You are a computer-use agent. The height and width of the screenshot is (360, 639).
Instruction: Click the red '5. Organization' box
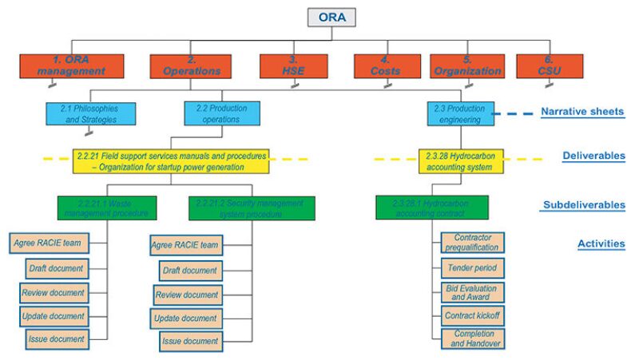pos(466,66)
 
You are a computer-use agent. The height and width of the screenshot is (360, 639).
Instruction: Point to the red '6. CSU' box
pos(549,66)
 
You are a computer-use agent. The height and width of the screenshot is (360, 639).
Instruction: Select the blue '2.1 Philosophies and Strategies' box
pos(90,113)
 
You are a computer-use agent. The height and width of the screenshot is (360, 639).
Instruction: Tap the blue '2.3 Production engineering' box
pos(454,113)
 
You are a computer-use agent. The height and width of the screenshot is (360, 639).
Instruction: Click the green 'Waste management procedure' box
pos(106,208)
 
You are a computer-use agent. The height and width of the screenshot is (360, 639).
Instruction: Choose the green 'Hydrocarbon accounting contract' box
pos(432,208)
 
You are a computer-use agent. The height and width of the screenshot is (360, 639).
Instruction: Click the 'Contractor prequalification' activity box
pos(473,243)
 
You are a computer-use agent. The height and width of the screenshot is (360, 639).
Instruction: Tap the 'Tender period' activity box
pos(473,267)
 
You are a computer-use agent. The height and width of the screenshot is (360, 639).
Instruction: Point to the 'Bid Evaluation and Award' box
pos(473,291)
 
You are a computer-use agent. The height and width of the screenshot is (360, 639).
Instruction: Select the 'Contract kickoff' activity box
pos(473,315)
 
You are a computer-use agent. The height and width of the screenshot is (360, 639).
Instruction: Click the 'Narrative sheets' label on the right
pos(581,111)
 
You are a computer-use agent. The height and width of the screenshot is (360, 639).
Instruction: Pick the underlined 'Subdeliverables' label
pos(583,204)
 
